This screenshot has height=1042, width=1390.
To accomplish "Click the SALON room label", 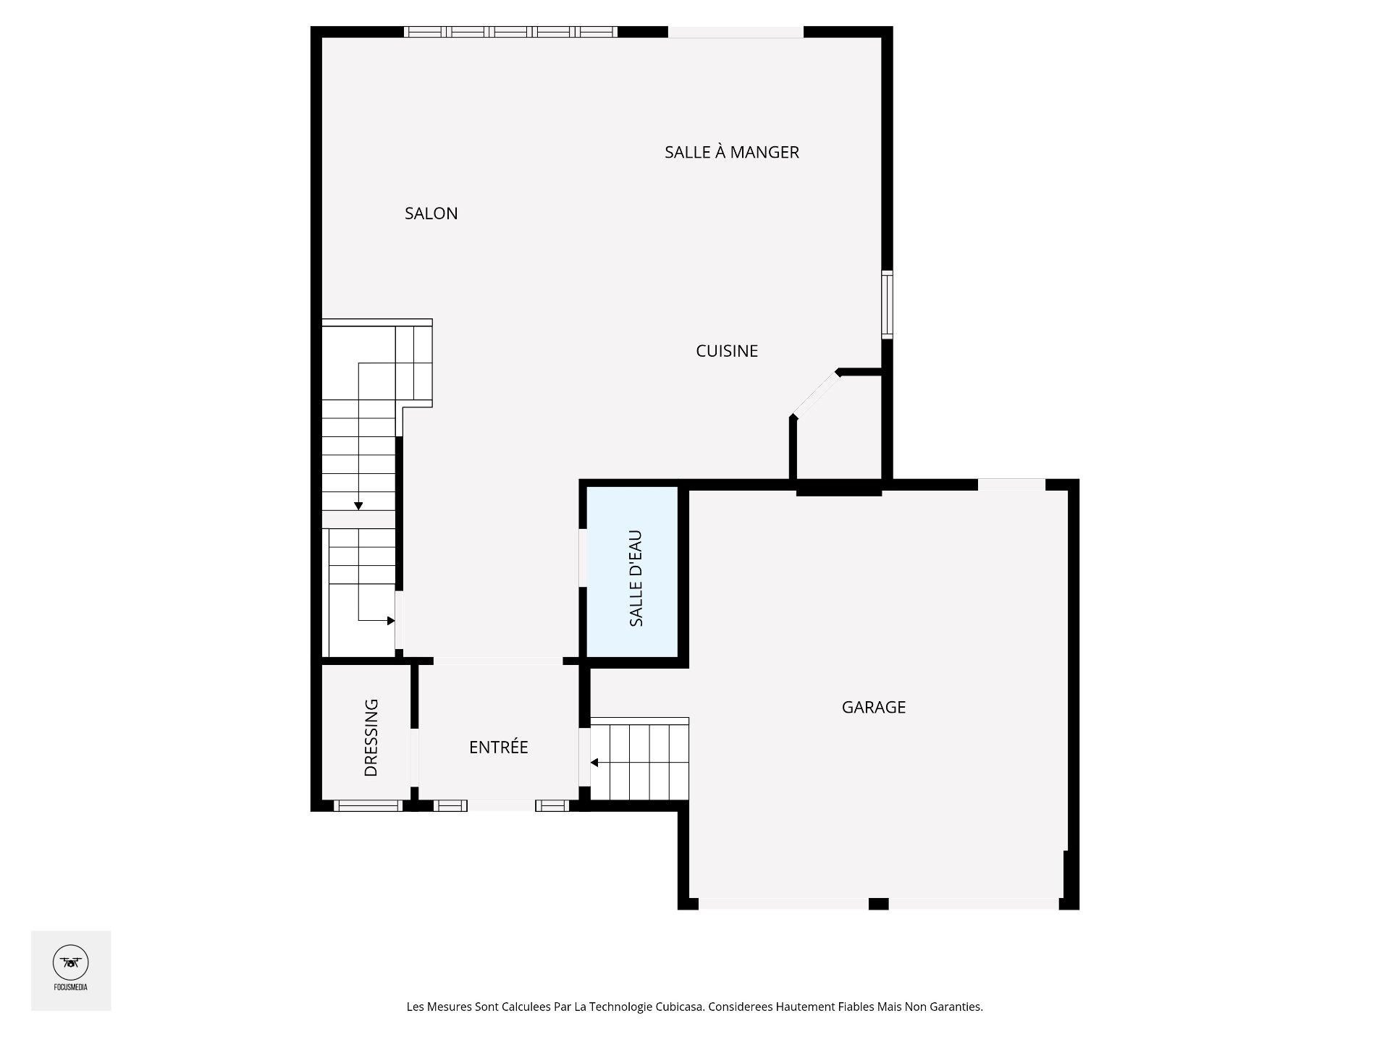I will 431,213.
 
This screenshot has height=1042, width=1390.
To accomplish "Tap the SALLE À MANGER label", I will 731,152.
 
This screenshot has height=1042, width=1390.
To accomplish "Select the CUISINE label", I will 726,351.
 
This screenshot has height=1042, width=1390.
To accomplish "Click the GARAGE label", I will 873,707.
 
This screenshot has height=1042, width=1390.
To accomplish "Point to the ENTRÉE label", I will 498,747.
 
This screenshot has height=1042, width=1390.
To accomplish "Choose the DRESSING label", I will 371,737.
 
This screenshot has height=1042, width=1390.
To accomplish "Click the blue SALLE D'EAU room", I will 631,572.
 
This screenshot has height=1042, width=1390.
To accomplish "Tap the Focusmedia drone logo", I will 70,962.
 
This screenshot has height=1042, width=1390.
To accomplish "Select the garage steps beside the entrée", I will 639,760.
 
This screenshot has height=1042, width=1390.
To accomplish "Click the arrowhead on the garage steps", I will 594,763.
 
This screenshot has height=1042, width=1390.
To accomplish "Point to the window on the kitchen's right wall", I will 887,304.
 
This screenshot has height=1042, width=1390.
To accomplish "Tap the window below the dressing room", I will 368,805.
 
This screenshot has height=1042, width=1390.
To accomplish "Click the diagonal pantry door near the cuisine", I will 815,395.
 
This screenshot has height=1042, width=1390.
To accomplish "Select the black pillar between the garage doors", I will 878,903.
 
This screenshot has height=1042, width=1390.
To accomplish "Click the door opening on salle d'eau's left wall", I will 582,557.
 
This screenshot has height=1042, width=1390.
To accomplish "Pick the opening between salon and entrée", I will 498,661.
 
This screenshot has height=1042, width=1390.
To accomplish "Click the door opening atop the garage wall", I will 1011,484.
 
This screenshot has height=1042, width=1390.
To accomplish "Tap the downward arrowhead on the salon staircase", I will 358,506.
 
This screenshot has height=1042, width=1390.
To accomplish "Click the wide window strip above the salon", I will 510,32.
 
